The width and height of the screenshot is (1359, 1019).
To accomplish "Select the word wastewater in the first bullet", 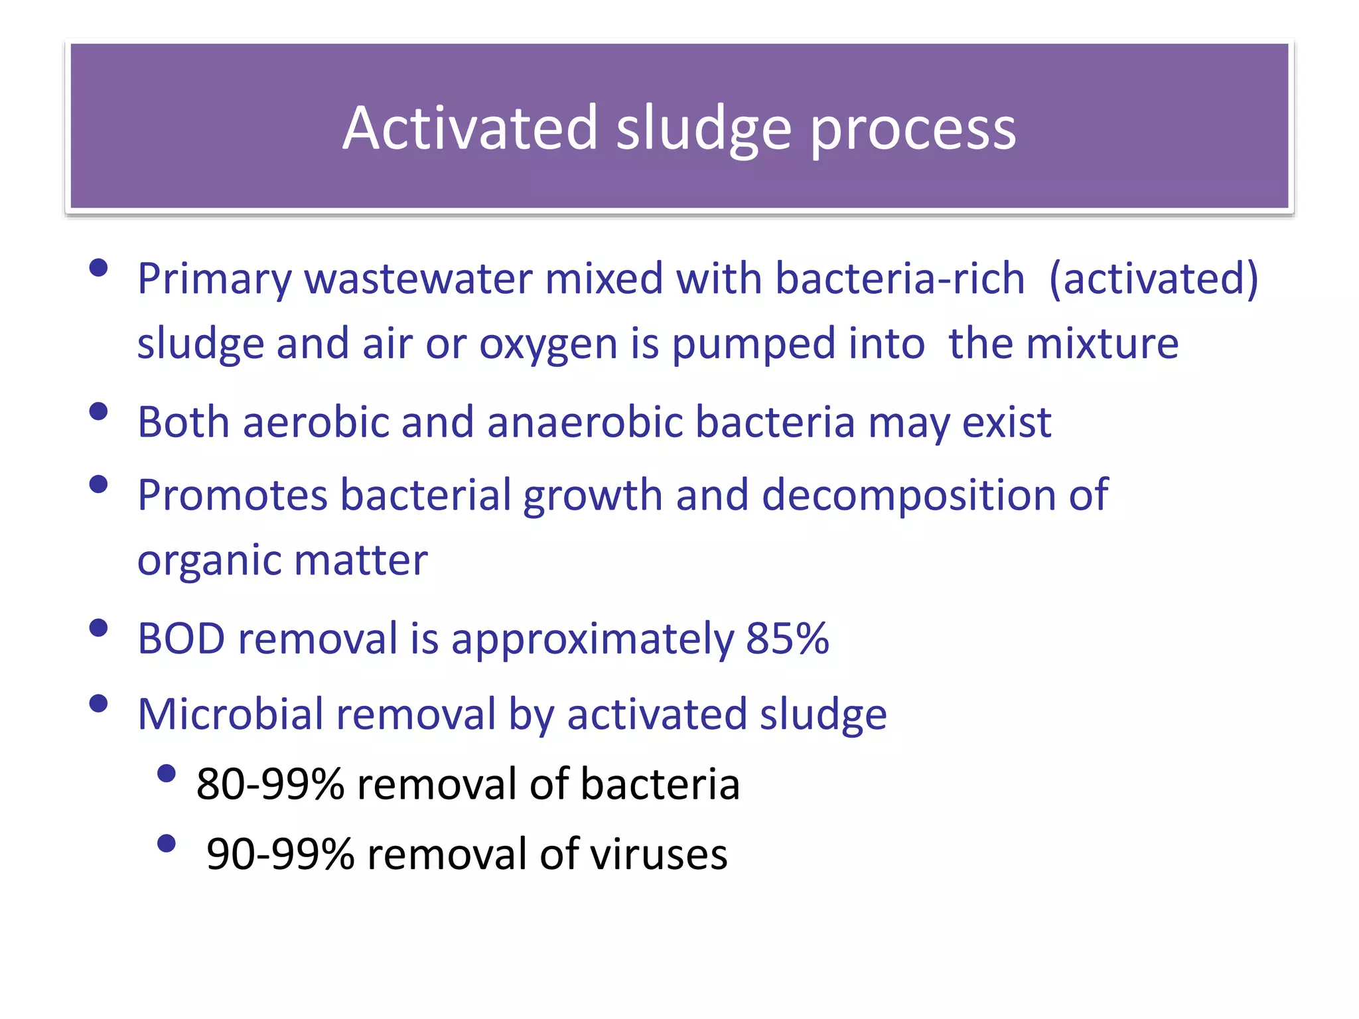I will tap(418, 278).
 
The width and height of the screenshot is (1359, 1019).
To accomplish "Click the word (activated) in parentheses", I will tap(1154, 279).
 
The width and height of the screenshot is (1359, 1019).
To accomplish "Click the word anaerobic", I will tap(585, 422).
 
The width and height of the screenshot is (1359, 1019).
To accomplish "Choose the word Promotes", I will tap(232, 496).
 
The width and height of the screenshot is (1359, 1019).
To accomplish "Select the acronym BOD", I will tap(181, 639).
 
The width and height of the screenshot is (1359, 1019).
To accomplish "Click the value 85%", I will tap(788, 639).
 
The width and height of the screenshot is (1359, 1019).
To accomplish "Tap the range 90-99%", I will tap(280, 854).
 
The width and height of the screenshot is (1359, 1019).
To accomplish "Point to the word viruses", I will tap(658, 854).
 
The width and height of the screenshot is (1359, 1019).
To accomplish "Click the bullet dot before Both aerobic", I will tap(98, 411).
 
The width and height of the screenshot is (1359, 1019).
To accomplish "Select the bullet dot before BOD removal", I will tap(98, 628).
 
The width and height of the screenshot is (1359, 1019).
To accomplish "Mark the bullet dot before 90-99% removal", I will tap(167, 843).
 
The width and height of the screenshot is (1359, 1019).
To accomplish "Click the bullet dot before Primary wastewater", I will tap(98, 268).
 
